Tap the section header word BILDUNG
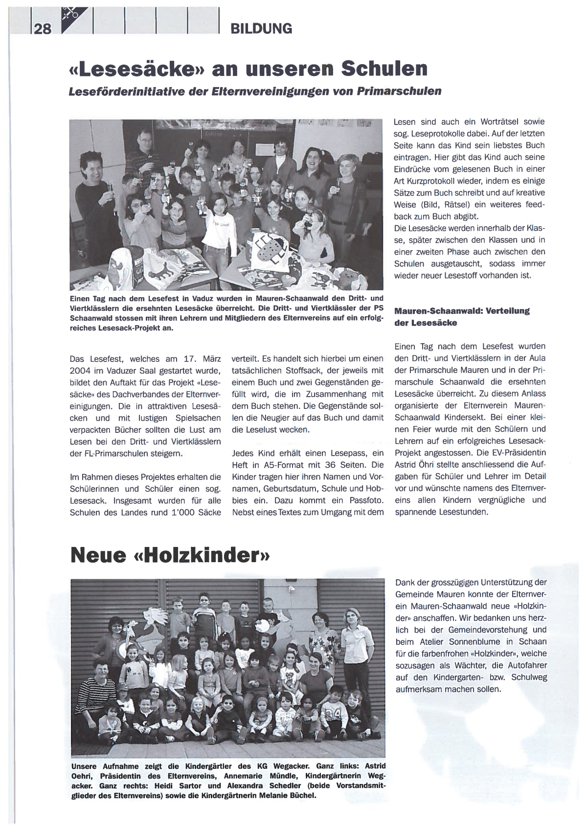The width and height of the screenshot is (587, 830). click(x=261, y=28)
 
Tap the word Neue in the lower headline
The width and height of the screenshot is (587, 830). click(x=95, y=555)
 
